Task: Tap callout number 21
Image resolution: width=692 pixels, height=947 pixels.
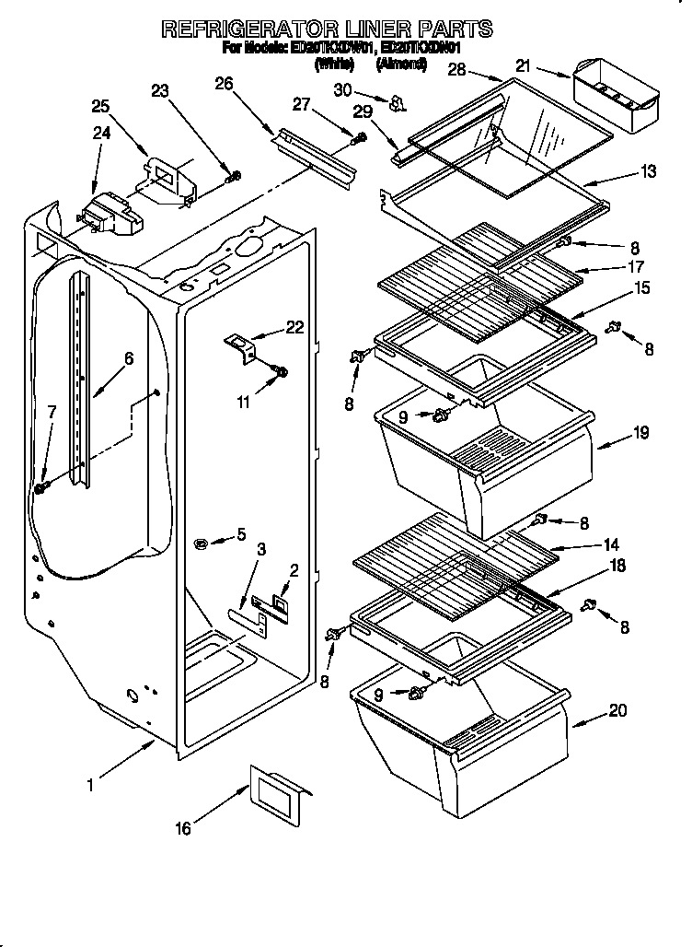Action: pyautogui.click(x=524, y=65)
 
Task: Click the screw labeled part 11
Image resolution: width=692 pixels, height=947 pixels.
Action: pyautogui.click(x=280, y=372)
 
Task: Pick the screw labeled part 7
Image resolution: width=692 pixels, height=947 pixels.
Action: pyautogui.click(x=41, y=487)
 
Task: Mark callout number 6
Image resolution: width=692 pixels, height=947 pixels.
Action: pyautogui.click(x=129, y=358)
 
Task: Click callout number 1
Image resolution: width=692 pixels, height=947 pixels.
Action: pyautogui.click(x=91, y=786)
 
